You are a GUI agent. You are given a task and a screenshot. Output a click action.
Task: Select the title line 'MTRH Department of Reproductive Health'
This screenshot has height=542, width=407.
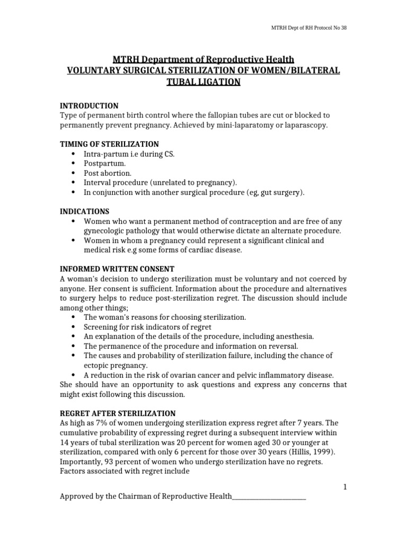[203, 59]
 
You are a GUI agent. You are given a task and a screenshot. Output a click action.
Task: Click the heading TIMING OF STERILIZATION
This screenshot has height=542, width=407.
[109, 144]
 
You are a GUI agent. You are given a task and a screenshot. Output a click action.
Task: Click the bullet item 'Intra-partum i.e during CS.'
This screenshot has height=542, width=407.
[129, 154]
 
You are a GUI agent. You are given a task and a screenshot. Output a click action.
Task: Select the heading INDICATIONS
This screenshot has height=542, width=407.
[84, 211]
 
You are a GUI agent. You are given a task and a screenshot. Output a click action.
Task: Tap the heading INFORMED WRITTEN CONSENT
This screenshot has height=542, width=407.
[117, 269]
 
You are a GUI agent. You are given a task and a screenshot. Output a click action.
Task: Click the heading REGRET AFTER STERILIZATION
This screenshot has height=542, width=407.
[118, 413]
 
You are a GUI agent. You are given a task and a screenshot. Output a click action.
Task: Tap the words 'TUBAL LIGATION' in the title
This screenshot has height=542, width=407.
[203, 82]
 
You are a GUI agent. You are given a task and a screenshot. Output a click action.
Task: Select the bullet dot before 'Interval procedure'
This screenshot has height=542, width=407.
[73, 183]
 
